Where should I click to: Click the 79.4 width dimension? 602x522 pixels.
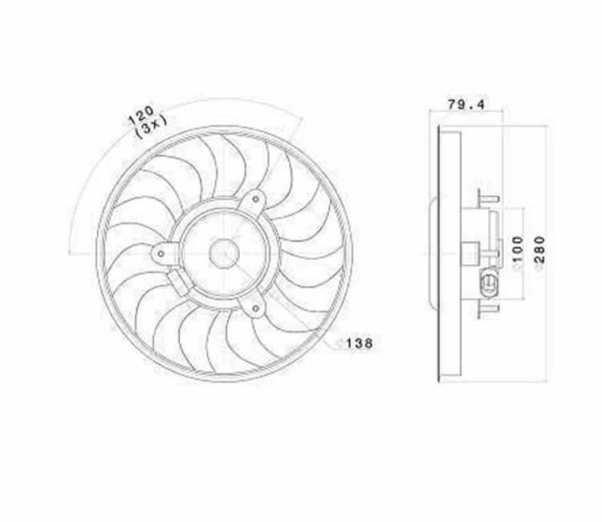[466, 104]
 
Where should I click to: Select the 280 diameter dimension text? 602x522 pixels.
[540, 250]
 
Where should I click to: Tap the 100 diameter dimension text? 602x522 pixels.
[518, 249]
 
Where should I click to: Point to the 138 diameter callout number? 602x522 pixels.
[360, 343]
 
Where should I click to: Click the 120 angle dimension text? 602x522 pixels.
[140, 115]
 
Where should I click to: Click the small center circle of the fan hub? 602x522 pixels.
[224, 254]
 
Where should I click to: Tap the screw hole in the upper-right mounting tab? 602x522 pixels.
[255, 199]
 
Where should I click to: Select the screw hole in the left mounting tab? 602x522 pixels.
[161, 254]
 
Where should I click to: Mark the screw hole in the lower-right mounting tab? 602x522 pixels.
[255, 308]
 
